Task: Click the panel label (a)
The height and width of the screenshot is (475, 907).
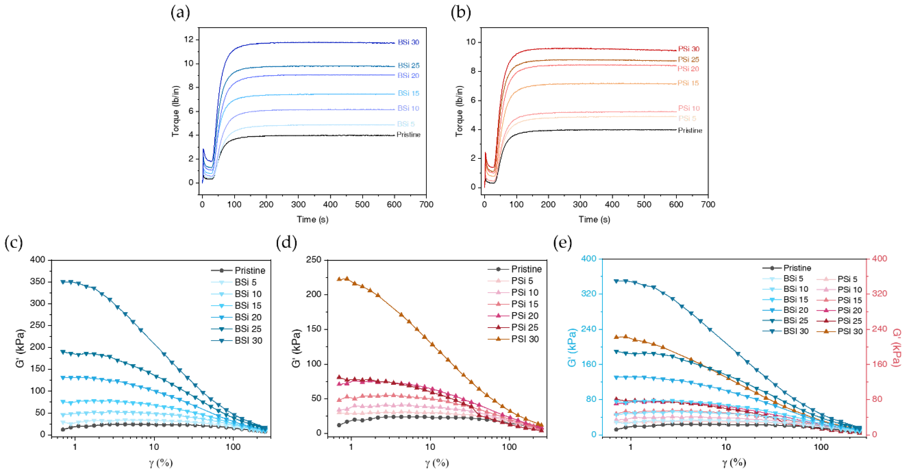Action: pyautogui.click(x=180, y=13)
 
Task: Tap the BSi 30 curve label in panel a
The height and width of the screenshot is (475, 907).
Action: pyautogui.click(x=408, y=42)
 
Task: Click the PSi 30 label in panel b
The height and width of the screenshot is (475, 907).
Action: pyautogui.click(x=688, y=49)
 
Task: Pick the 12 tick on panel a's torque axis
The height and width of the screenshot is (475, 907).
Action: pyautogui.click(x=189, y=39)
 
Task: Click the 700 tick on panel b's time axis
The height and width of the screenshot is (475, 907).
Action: pyautogui.click(x=708, y=205)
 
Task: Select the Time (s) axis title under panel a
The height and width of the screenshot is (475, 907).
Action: pyautogui.click(x=312, y=219)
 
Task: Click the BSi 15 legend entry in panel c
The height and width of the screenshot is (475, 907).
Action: pyautogui.click(x=248, y=305)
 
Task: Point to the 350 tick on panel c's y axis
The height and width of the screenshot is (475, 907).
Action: pyautogui.click(x=38, y=281)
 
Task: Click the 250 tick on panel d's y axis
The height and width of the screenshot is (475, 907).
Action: pyautogui.click(x=314, y=260)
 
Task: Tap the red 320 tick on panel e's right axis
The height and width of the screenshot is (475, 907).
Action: pyautogui.click(x=879, y=294)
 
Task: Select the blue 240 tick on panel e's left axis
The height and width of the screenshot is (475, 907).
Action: pyautogui.click(x=588, y=329)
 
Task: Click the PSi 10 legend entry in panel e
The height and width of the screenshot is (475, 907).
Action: pyautogui.click(x=849, y=290)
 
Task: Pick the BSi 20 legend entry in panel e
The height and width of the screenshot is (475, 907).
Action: pyautogui.click(x=795, y=310)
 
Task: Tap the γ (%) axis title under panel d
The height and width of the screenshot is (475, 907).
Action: pyautogui.click(x=437, y=463)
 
